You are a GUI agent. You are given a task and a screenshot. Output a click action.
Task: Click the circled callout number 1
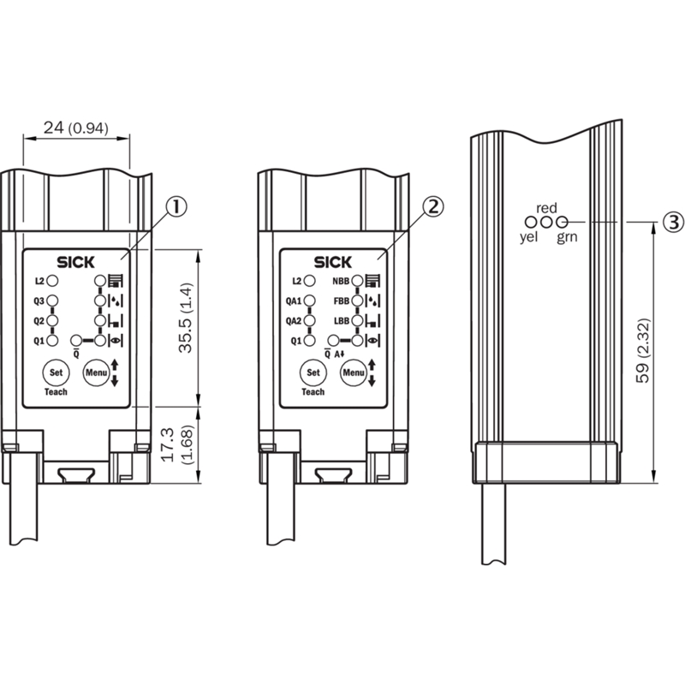[x=176, y=206]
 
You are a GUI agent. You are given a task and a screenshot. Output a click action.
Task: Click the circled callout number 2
[x=433, y=206]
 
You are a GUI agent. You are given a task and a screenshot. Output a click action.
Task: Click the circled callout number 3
[x=674, y=222]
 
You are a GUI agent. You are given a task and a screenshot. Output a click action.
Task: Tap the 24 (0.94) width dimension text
[x=76, y=128]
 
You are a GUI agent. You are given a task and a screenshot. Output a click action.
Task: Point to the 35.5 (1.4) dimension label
[x=186, y=318]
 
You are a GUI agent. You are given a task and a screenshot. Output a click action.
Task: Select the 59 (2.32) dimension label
[x=643, y=351]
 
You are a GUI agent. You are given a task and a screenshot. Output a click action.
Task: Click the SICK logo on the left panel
[x=75, y=262]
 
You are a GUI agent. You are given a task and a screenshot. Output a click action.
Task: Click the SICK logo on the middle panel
[x=333, y=262]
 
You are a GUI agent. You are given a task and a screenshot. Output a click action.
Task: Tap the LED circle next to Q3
[x=52, y=301]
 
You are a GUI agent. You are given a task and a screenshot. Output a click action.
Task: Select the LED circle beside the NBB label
[x=357, y=281]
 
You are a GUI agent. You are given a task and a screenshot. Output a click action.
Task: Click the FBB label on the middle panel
[x=341, y=301]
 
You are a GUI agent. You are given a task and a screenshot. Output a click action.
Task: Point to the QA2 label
[x=294, y=321]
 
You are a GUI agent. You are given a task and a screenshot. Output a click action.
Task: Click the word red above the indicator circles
[x=546, y=208]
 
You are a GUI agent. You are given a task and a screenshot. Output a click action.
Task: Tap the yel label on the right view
[x=528, y=237]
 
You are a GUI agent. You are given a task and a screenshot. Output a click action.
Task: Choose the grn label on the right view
[x=567, y=237]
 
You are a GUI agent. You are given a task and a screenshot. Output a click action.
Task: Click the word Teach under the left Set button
[x=56, y=392]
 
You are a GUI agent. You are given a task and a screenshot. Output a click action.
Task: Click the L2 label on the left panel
[x=39, y=281]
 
